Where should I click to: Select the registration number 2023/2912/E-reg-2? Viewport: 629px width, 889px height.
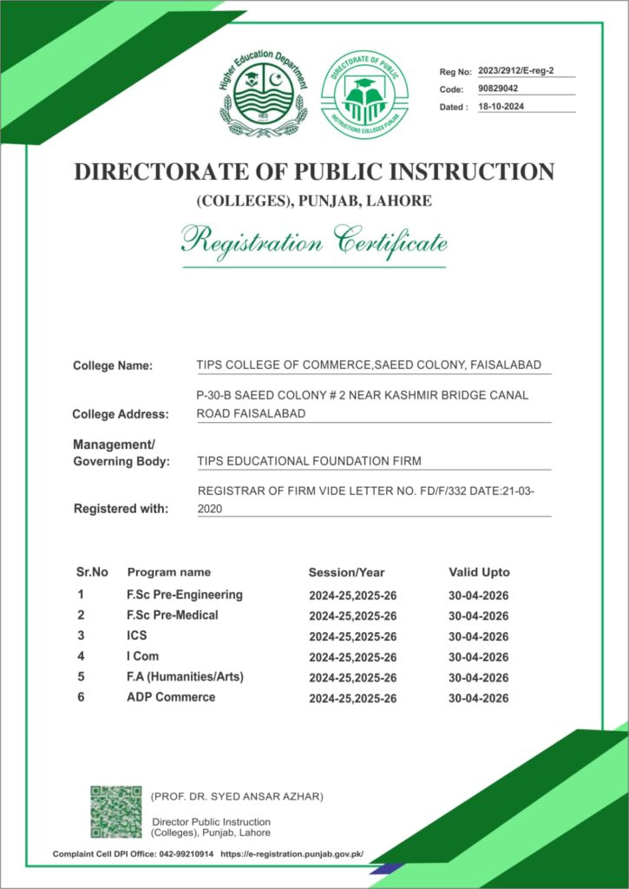pyautogui.click(x=515, y=71)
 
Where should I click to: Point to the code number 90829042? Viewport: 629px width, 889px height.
pyautogui.click(x=498, y=89)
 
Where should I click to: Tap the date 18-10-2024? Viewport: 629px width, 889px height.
pyautogui.click(x=501, y=107)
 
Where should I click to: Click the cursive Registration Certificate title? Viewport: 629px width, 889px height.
pyautogui.click(x=314, y=240)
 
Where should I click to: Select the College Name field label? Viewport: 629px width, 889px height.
pyautogui.click(x=113, y=365)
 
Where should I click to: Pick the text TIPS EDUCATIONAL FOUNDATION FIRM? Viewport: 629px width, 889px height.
pyautogui.click(x=310, y=461)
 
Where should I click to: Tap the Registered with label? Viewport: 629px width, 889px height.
pyautogui.click(x=121, y=509)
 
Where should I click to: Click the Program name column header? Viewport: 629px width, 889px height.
pyautogui.click(x=169, y=572)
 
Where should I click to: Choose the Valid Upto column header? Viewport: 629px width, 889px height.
pyautogui.click(x=479, y=572)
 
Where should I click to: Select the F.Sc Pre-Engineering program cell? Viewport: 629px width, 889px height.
pyautogui.click(x=184, y=595)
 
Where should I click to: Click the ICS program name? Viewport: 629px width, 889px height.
pyautogui.click(x=136, y=635)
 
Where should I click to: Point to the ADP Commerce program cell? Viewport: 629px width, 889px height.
pyautogui.click(x=171, y=697)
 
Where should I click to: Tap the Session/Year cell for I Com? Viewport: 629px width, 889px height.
pyautogui.click(x=352, y=657)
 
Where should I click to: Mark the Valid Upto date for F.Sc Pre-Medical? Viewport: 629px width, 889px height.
pyautogui.click(x=478, y=616)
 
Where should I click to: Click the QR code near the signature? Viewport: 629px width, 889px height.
pyautogui.click(x=115, y=812)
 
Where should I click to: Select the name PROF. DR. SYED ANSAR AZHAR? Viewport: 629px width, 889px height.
pyautogui.click(x=237, y=796)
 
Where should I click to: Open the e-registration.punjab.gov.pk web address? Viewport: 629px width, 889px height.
pyautogui.click(x=292, y=854)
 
